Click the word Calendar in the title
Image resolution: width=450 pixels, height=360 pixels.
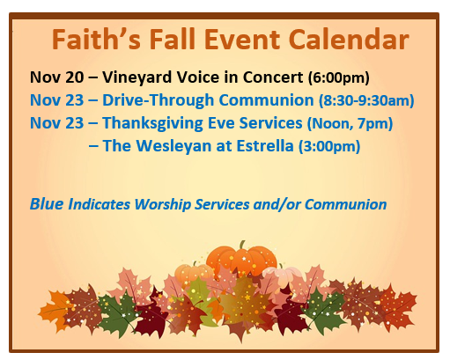[x=349, y=40]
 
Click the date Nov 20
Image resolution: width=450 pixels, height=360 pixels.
[x=56, y=77]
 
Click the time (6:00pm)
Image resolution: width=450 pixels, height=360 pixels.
[x=338, y=78]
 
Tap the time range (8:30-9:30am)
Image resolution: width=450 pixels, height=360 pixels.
[x=366, y=100]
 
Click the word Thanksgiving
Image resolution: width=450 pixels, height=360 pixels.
[x=152, y=123]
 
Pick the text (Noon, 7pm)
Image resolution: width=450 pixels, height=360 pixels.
[x=350, y=123]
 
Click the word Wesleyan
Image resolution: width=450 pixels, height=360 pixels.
[x=174, y=146]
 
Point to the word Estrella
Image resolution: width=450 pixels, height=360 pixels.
[x=265, y=146]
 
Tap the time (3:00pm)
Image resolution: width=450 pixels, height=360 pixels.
[x=329, y=146]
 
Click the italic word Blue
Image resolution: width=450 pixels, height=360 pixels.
[x=47, y=204]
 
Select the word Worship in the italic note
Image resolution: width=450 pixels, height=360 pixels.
[x=163, y=204]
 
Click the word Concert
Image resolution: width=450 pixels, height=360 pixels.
[x=273, y=77]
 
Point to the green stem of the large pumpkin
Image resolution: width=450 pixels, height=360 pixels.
[x=242, y=245]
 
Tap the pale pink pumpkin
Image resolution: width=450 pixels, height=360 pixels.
[x=282, y=275]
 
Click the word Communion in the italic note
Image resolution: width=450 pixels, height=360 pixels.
[x=345, y=204]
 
